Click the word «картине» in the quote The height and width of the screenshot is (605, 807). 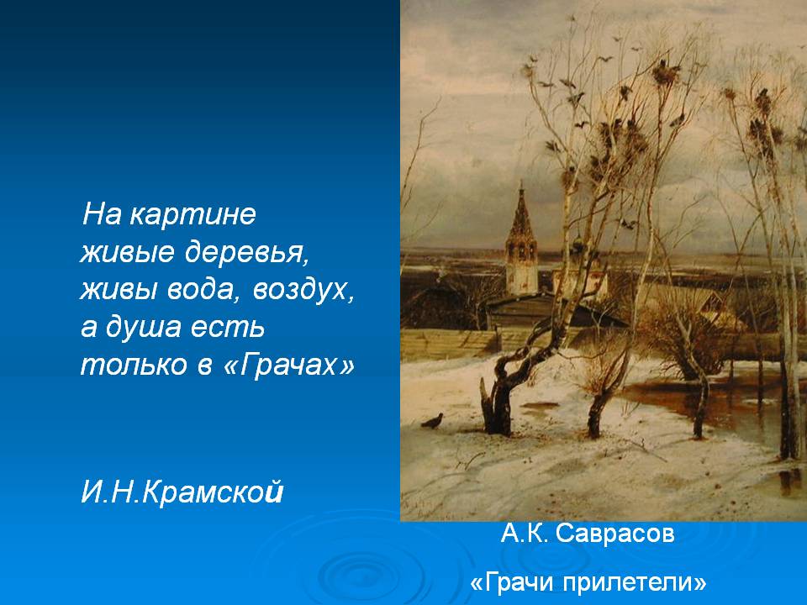(x=193, y=215)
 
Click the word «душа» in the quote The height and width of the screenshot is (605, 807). (x=143, y=328)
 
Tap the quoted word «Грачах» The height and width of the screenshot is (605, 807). (x=288, y=365)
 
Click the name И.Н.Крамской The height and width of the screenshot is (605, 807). (x=182, y=492)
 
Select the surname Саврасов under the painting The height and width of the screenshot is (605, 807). (x=615, y=534)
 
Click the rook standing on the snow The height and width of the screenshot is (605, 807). (x=433, y=421)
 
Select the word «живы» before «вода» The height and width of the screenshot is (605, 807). (x=119, y=290)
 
